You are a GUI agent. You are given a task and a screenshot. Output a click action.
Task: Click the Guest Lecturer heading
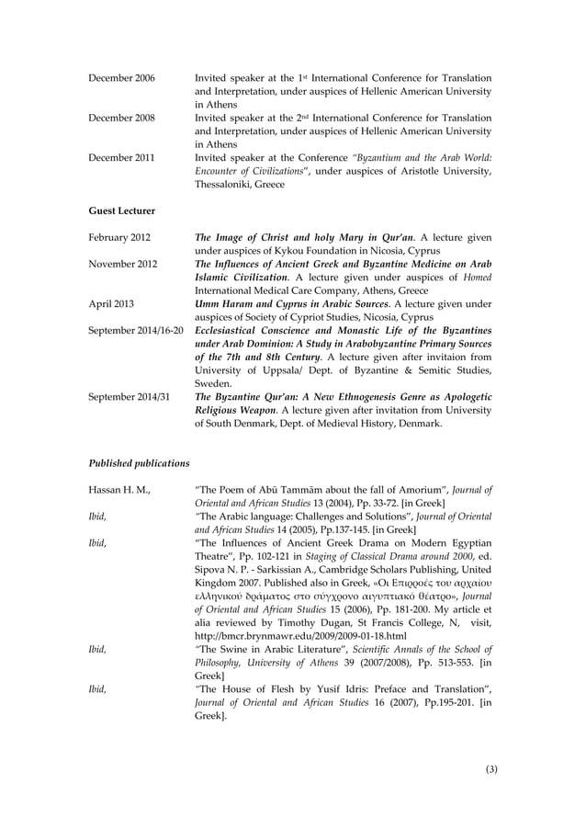pos(122,210)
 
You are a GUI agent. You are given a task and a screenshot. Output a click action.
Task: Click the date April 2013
pos(110,303)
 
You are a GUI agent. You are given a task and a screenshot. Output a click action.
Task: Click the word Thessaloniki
pos(228,184)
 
